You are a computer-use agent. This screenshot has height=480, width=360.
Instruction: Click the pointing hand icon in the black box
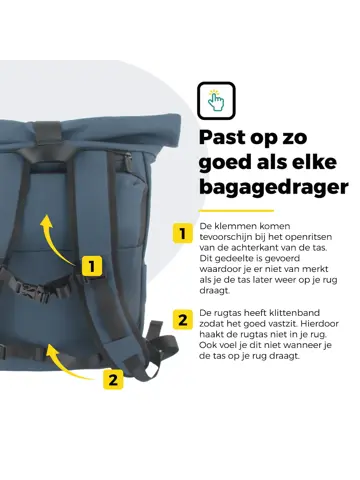pos(216,100)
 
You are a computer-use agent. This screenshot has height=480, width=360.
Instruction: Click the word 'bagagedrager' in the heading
pos(274,187)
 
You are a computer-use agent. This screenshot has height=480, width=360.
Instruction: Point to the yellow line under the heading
pos(236,211)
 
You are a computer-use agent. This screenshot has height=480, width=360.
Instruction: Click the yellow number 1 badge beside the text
pos(183,233)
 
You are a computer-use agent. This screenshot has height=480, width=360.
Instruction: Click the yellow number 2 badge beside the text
pos(183,320)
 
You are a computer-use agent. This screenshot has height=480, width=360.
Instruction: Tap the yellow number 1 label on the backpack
pos(92,266)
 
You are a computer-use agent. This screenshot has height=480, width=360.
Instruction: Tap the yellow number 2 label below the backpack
pos(113,379)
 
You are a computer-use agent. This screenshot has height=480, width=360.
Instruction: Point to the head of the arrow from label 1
pos(46,220)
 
